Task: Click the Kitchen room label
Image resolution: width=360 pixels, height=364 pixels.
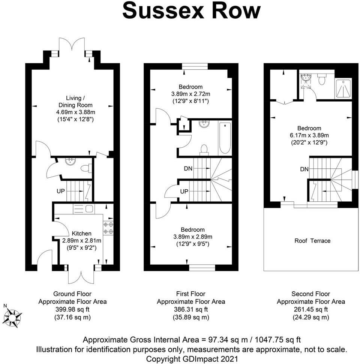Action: [81, 234]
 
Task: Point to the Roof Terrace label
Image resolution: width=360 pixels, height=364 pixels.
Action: [312, 241]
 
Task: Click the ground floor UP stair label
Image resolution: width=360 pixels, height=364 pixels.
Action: [60, 191]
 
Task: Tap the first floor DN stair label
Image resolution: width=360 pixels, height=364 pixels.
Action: [188, 169]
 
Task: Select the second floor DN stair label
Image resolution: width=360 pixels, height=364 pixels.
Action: [304, 169]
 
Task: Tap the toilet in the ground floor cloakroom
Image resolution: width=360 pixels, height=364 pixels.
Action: [87, 168]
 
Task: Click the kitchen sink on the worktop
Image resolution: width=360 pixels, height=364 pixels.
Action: [88, 208]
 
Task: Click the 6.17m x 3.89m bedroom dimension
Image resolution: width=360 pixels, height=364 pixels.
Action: [310, 135]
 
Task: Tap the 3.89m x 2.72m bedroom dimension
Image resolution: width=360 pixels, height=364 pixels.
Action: [191, 94]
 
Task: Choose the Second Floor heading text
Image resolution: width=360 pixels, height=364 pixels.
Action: [311, 294]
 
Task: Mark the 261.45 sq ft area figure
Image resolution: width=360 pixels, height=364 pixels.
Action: [311, 309]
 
